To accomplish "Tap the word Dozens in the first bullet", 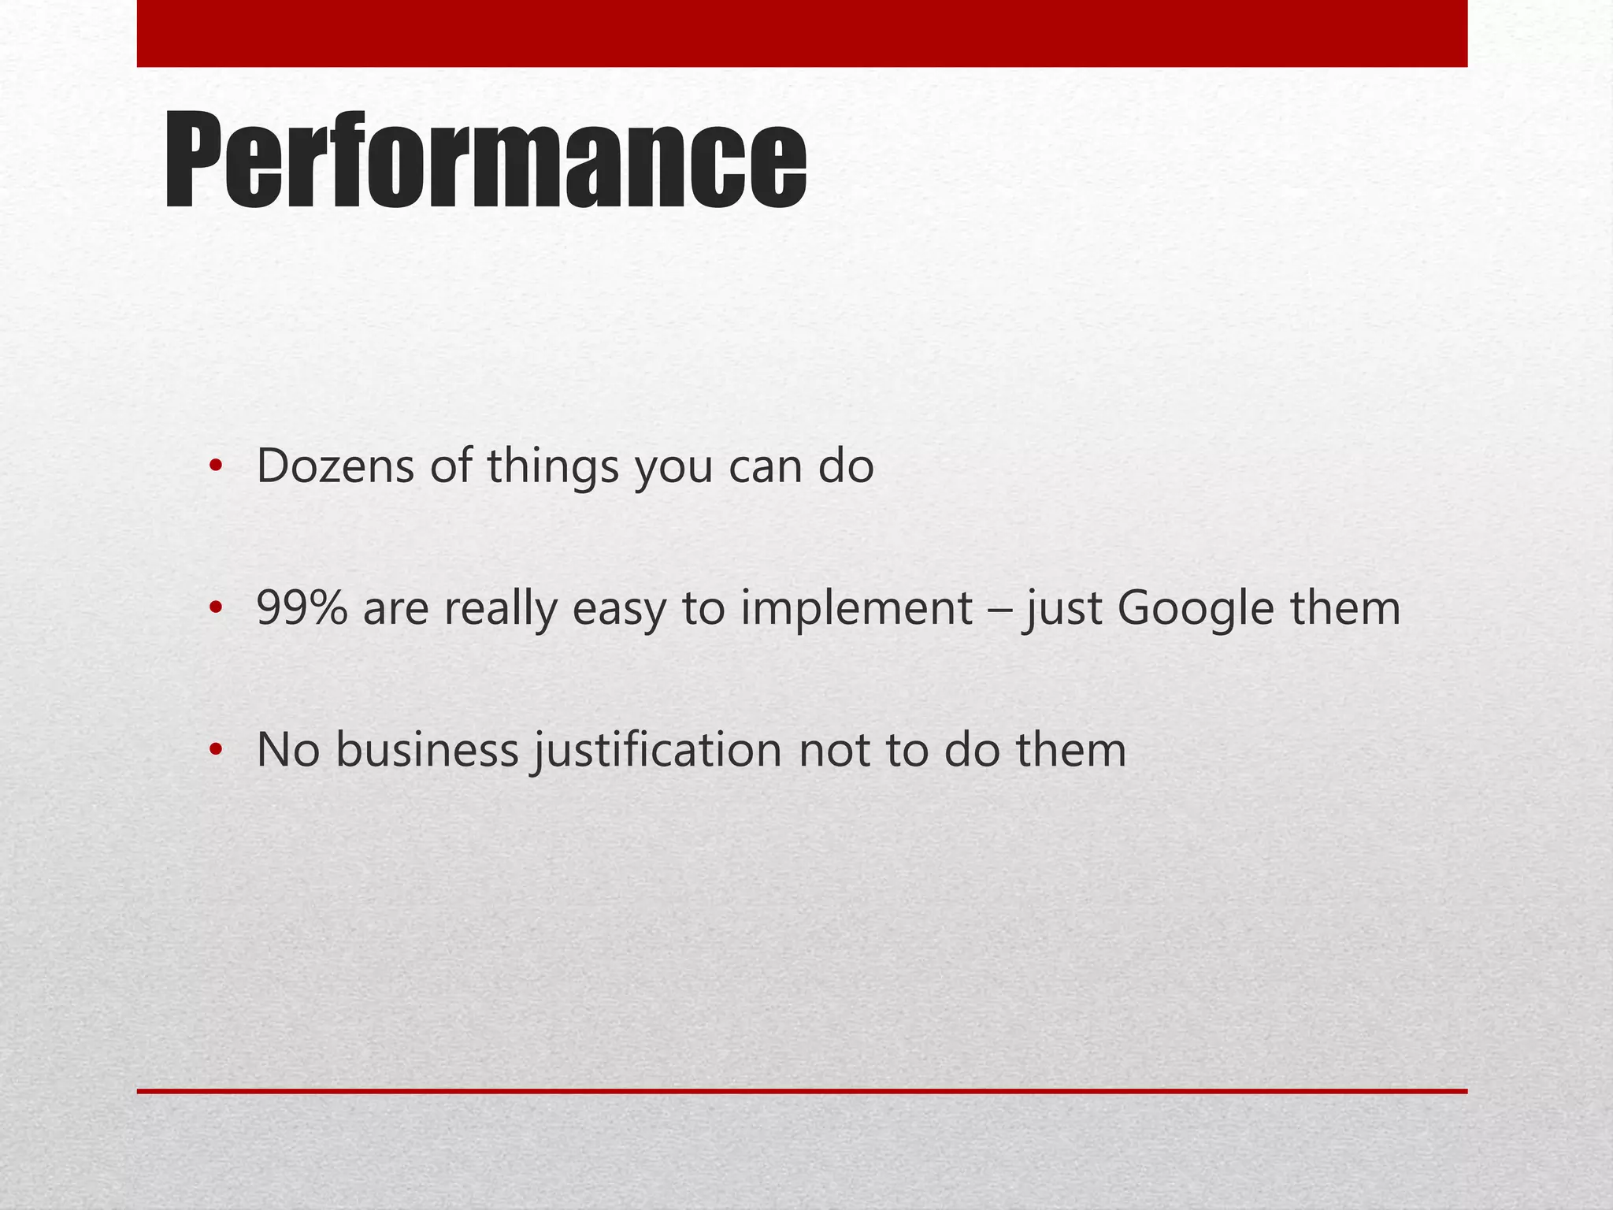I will click(x=335, y=466).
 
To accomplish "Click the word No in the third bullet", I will click(x=287, y=750).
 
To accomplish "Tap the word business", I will click(x=427, y=750).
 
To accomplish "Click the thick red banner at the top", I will click(x=802, y=33).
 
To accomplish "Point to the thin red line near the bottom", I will click(x=802, y=1091).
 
